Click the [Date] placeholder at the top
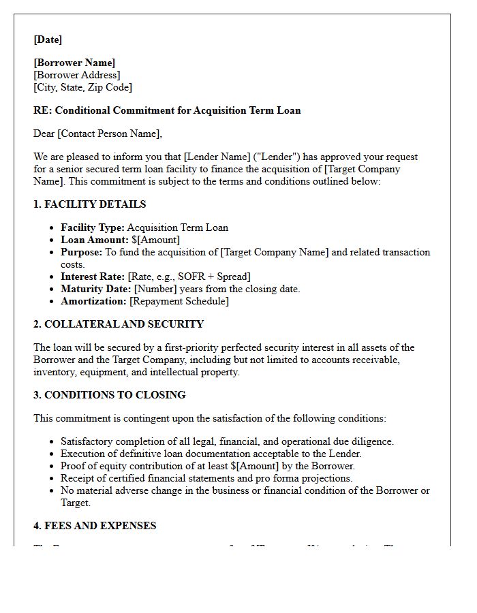click(x=48, y=40)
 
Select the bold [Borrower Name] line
click(x=74, y=63)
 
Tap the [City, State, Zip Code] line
click(x=82, y=87)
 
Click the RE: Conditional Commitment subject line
click(x=167, y=110)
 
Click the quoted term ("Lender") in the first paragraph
click(x=276, y=157)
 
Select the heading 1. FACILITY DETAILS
click(x=89, y=204)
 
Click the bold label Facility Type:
click(x=92, y=227)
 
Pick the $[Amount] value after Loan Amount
click(x=155, y=240)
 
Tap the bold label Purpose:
click(x=81, y=252)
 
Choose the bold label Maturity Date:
click(x=95, y=289)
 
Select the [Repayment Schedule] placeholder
click(x=179, y=301)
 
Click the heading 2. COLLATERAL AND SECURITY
click(x=119, y=324)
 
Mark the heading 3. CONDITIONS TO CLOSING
click(x=109, y=395)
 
